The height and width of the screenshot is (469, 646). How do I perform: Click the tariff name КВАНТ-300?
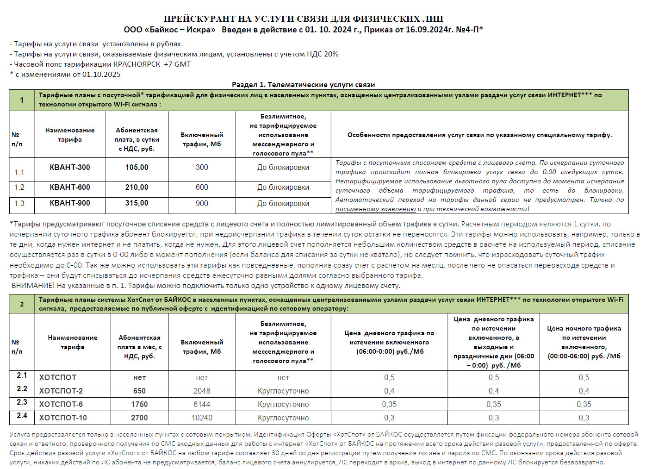(x=70, y=167)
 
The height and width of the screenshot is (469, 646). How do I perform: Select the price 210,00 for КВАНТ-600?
(x=137, y=187)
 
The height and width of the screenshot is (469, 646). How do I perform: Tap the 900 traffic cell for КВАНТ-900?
(x=202, y=203)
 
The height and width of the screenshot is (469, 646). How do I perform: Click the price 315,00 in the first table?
(x=137, y=203)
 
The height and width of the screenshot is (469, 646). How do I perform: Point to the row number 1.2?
(x=19, y=187)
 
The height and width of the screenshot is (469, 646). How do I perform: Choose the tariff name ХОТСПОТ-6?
(x=61, y=404)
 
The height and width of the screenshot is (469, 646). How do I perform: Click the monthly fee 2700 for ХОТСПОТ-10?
(x=139, y=418)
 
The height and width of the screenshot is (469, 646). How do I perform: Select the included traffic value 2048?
(x=202, y=391)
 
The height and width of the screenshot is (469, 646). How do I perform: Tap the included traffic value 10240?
(x=202, y=418)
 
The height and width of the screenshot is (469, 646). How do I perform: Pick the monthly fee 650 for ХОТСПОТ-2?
(x=139, y=391)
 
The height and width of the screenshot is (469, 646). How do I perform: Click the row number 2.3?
(x=22, y=402)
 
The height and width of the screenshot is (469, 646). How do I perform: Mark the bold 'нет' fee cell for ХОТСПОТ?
(x=139, y=377)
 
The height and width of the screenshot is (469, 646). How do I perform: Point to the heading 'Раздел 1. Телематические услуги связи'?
(x=303, y=85)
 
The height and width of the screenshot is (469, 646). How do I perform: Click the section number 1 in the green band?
(x=22, y=100)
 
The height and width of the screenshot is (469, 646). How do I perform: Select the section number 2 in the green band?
(x=22, y=304)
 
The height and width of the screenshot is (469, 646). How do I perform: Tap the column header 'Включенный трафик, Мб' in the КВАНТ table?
(x=202, y=139)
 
